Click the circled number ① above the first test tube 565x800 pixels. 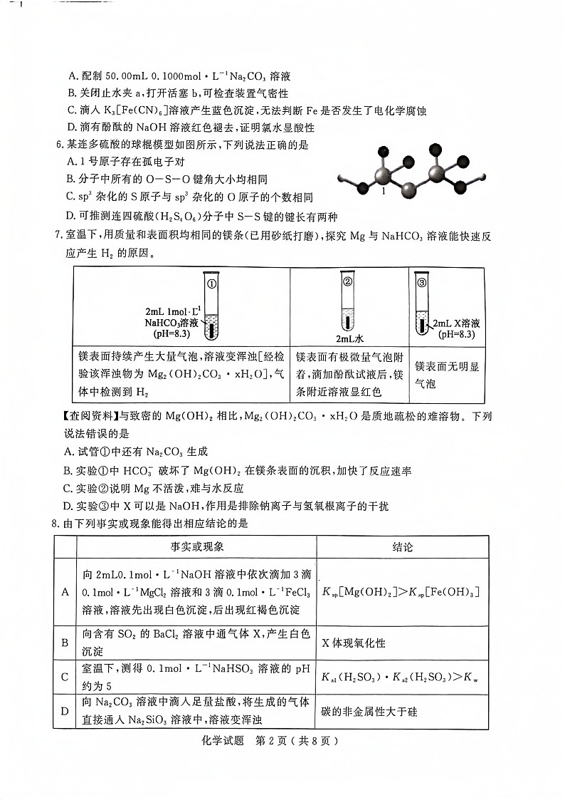pos(211,283)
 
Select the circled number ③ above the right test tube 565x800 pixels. pos(422,282)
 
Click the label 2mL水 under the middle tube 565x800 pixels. pos(350,338)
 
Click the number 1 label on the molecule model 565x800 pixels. pos(383,192)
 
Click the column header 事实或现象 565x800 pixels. pos(196,547)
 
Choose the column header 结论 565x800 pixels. pos(402,547)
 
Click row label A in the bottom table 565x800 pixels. pos(65,592)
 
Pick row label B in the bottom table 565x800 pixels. pos(65,643)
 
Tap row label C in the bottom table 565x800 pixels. pos(65,677)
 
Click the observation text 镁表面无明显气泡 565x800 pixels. pos(447,375)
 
